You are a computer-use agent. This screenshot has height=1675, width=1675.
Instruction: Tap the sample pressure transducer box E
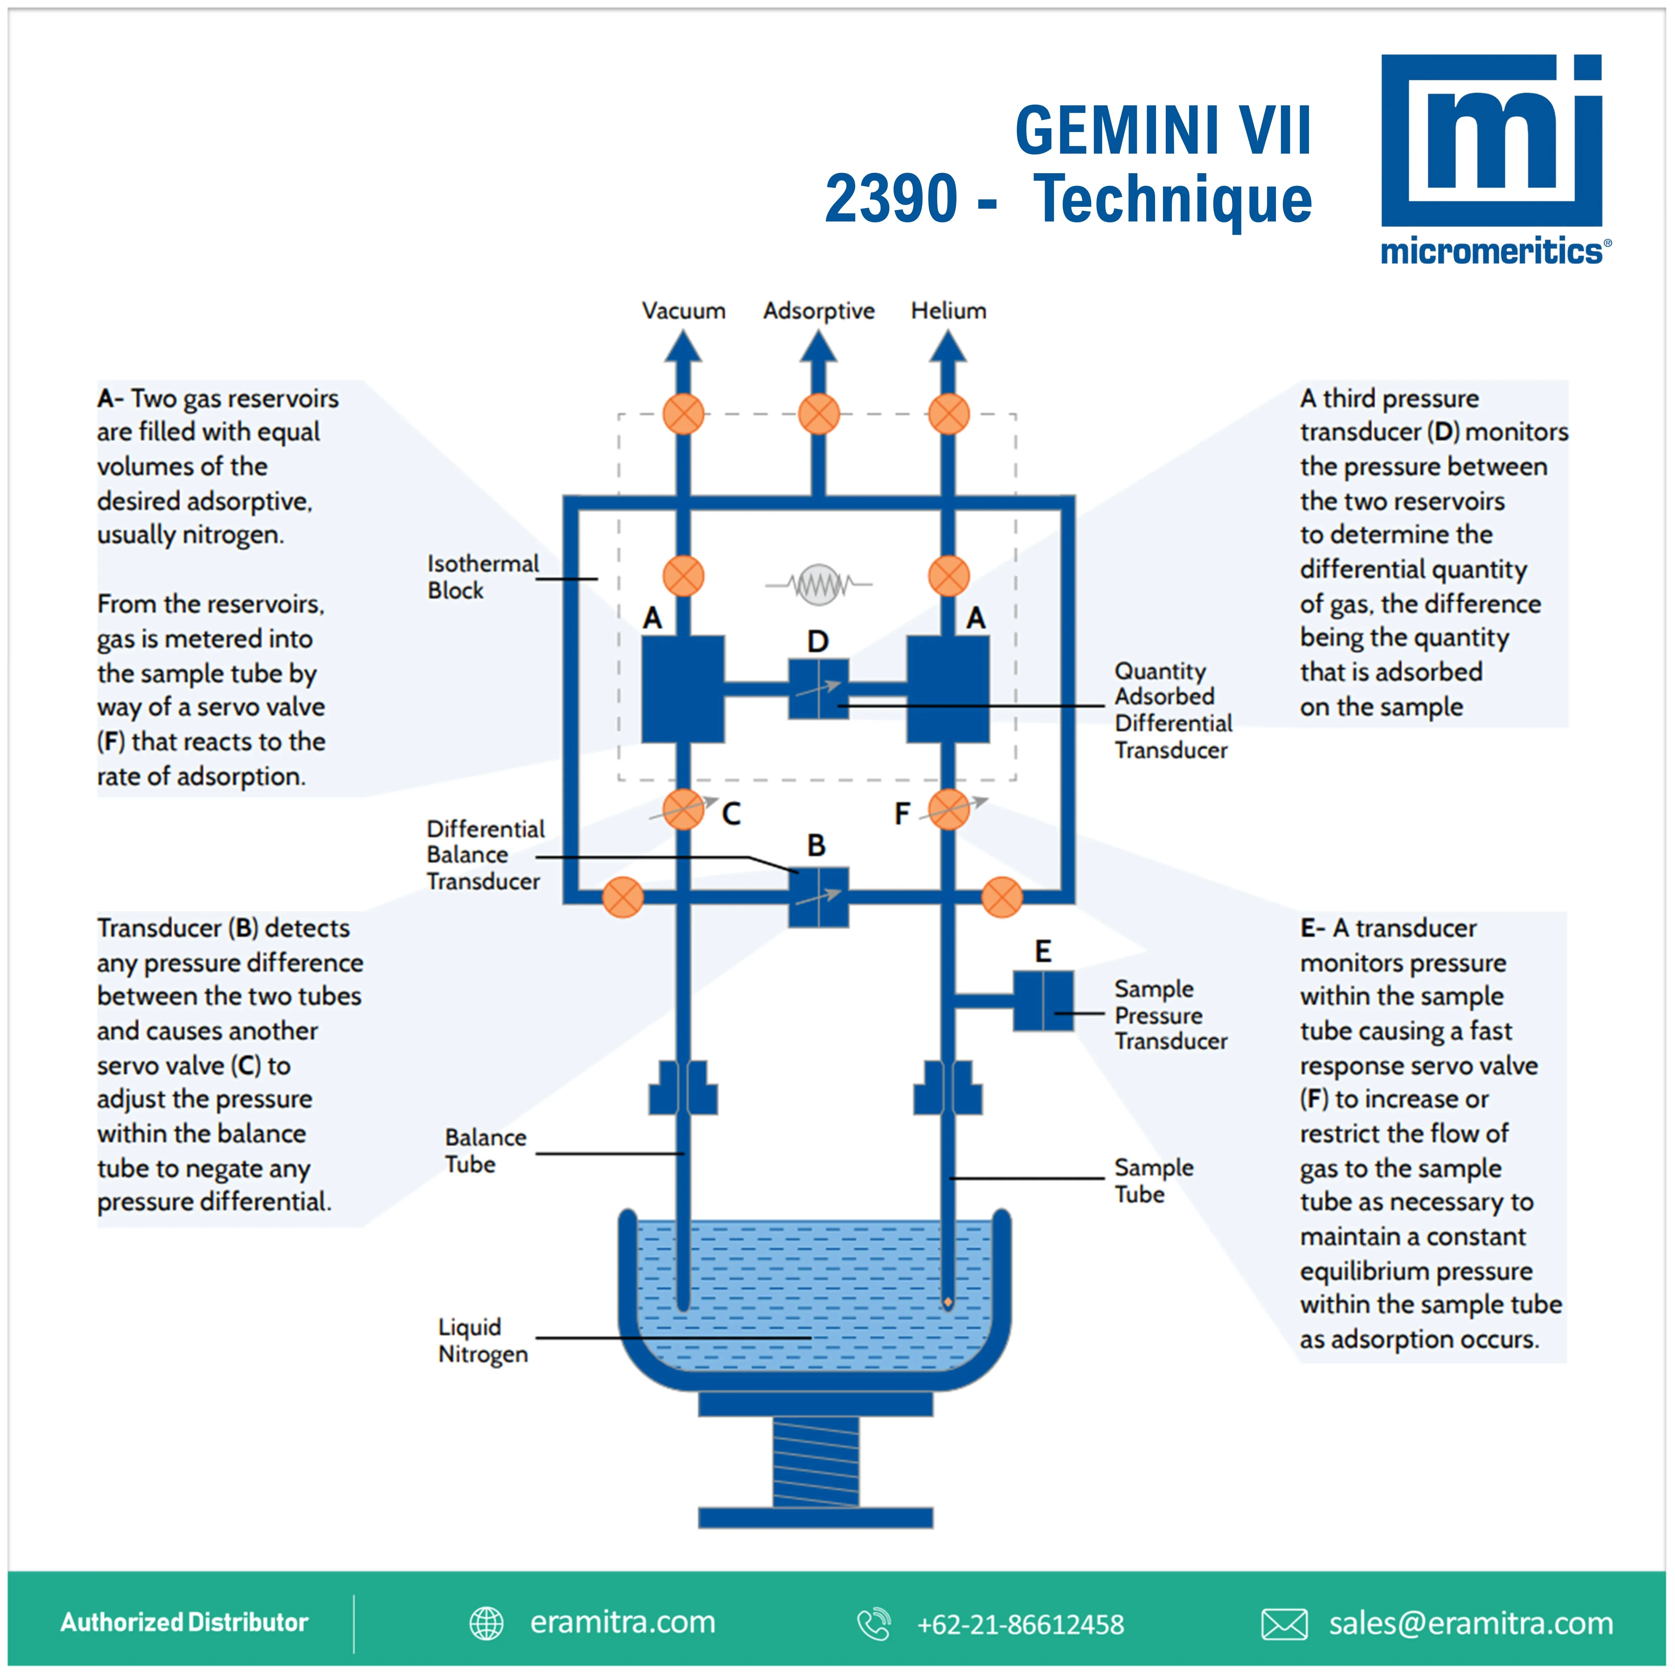[x=1043, y=1000]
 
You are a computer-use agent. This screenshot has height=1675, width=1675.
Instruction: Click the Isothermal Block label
[x=482, y=577]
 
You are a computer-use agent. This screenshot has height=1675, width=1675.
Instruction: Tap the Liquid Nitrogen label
[x=482, y=1340]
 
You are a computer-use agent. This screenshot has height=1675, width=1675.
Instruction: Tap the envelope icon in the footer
[x=1284, y=1624]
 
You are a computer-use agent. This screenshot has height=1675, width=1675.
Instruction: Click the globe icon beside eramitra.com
[x=487, y=1624]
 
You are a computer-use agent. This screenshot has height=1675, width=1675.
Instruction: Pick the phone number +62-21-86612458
[x=1020, y=1624]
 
